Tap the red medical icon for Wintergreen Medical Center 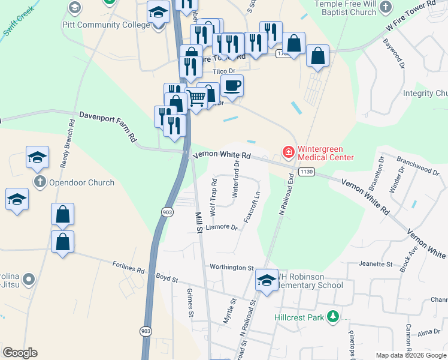[x=288, y=152]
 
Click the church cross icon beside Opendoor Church [x=40, y=182]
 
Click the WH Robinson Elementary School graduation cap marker [x=267, y=280]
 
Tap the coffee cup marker [x=232, y=85]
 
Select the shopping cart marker [x=198, y=97]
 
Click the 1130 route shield [x=307, y=172]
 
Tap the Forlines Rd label [x=129, y=267]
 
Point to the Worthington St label [x=232, y=267]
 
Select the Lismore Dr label [x=222, y=227]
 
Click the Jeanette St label [x=375, y=263]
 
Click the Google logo [x=20, y=353]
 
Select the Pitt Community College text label [x=105, y=25]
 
